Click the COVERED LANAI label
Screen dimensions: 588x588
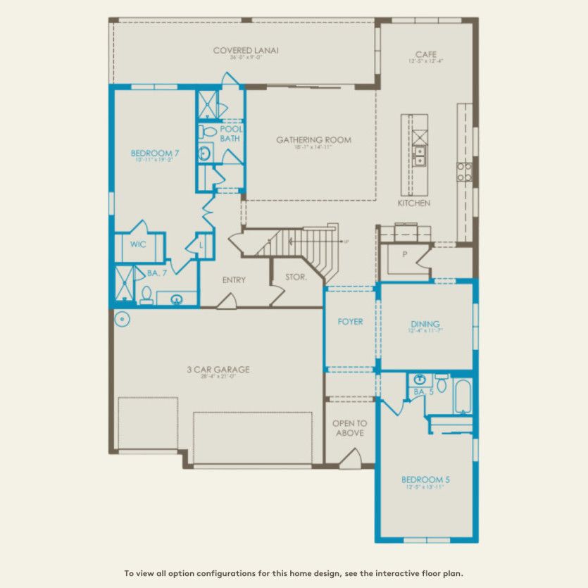246,50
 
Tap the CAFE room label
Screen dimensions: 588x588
425,54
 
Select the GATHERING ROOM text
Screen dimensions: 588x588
313,140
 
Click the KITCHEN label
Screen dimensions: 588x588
413,203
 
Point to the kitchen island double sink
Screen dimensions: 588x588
419,155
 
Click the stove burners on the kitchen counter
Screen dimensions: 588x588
464,171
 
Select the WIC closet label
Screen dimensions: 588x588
138,244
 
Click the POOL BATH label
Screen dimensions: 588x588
231,134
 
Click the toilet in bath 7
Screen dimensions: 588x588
146,295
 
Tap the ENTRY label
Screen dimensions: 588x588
234,280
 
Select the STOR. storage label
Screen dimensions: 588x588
296,277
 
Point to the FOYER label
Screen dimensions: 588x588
350,322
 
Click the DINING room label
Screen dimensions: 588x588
425,324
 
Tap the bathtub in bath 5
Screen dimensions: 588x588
462,396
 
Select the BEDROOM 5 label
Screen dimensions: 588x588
425,480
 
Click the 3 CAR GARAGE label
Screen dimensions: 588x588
218,370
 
